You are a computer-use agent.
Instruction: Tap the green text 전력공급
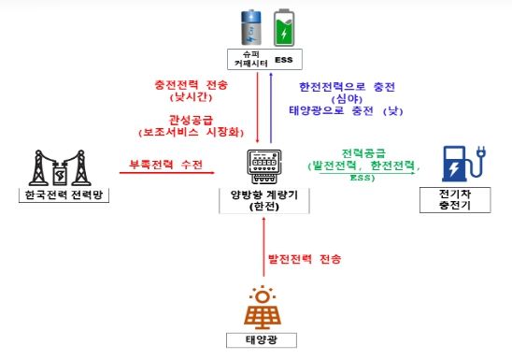coord(360,151)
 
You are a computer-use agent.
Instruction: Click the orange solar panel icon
coord(264,305)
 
